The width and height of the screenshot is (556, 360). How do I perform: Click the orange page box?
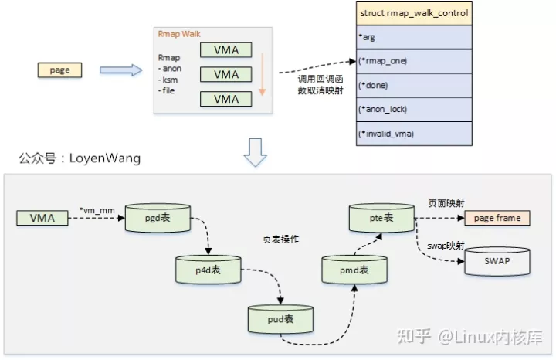60,70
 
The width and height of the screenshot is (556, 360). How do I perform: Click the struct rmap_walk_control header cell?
413,13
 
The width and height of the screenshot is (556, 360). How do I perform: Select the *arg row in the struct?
413,36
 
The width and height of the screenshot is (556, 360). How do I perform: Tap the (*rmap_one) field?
413,61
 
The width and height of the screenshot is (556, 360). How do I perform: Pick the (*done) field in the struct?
413,85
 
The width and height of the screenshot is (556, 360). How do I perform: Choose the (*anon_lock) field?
413,109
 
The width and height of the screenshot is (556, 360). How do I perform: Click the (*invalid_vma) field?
413,133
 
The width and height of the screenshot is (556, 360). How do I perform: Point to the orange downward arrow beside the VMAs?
262,73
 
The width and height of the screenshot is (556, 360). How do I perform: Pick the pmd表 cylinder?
354,270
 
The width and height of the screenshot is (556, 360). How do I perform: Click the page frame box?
497,218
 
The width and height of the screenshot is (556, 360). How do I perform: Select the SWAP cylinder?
497,261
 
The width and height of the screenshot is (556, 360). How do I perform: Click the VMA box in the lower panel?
42,219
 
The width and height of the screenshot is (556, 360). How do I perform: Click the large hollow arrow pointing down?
255,154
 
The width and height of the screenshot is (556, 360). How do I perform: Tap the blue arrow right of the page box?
121,70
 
